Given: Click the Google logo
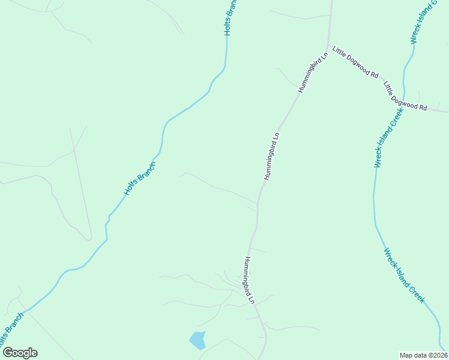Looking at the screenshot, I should [x=20, y=353].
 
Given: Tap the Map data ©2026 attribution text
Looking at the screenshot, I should [x=423, y=355].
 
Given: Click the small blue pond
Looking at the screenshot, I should [x=197, y=340].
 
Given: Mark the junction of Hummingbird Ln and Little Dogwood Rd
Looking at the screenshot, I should [x=328, y=47].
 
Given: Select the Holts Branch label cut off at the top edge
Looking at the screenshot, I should [x=231, y=17].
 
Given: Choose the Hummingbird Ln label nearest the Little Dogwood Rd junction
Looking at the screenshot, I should [x=313, y=72].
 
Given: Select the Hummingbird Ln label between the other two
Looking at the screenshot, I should [x=272, y=156].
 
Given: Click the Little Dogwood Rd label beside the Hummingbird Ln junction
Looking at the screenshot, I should [x=355, y=63].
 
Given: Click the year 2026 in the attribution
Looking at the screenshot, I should [x=439, y=355].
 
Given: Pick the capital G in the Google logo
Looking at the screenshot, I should [x=8, y=353].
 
